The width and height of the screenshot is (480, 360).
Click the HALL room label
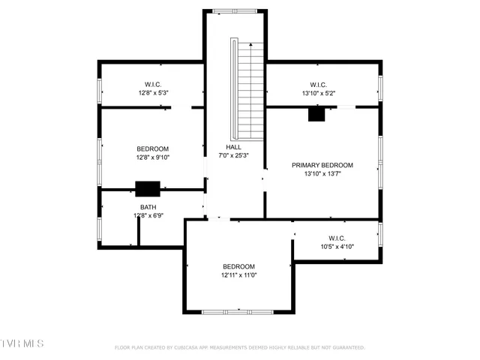coord(233,147)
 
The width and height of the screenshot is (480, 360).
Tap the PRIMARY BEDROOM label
coord(322,165)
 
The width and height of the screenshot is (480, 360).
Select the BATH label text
coord(148,207)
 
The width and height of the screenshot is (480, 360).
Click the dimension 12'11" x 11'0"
coord(238,275)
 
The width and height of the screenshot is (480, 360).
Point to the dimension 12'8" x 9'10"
coord(152,157)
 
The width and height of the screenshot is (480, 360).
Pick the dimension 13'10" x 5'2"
coord(322,94)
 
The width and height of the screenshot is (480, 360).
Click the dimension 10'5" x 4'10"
coord(337,247)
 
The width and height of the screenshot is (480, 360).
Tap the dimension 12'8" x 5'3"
coord(153,94)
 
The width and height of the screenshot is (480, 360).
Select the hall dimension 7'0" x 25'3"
coord(233,156)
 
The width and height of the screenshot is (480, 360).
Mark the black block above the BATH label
coord(147,189)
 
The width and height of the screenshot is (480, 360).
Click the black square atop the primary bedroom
coord(316,114)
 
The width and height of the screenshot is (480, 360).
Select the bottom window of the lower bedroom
coord(238,311)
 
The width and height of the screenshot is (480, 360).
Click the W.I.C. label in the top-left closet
coord(153,85)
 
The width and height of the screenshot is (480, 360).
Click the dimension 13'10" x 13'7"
coord(322,174)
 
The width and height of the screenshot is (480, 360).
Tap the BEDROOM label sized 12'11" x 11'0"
coord(238,267)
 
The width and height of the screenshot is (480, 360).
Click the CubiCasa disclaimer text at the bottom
coord(239,348)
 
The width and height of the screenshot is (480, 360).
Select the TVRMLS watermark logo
coord(22,343)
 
